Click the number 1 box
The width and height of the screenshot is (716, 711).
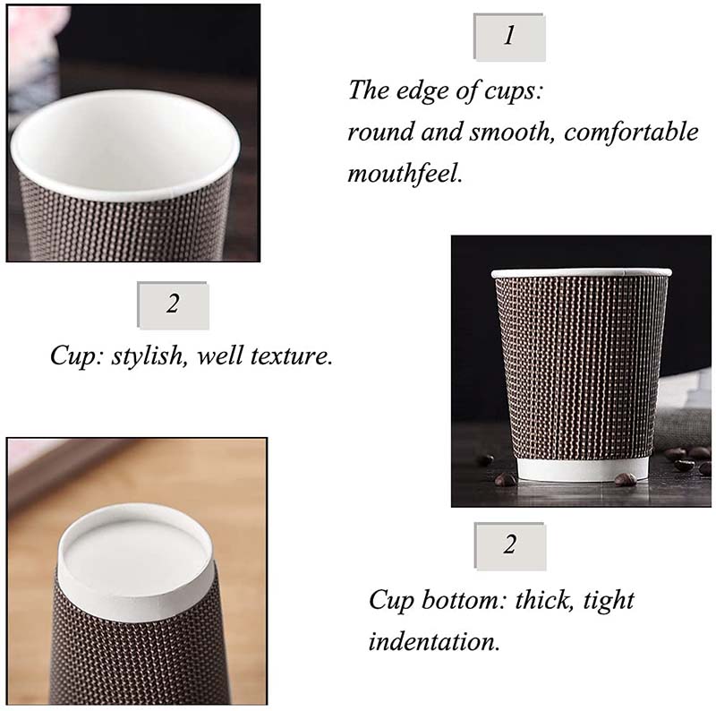click(509, 37)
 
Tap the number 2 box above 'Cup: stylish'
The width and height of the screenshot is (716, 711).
click(173, 305)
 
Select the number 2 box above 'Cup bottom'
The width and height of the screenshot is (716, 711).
click(510, 546)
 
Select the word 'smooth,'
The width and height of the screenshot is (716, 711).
click(512, 132)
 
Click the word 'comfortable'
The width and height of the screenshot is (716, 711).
click(631, 132)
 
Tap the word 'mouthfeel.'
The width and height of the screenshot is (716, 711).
click(405, 174)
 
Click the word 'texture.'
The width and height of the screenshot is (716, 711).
click(291, 356)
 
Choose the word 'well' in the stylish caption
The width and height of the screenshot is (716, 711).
click(219, 355)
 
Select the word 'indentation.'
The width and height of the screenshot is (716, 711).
click(434, 641)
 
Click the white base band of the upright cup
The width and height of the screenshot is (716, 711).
click(584, 468)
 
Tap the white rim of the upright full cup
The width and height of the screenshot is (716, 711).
click(581, 273)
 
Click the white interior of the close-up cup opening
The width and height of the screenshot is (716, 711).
click(124, 141)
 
